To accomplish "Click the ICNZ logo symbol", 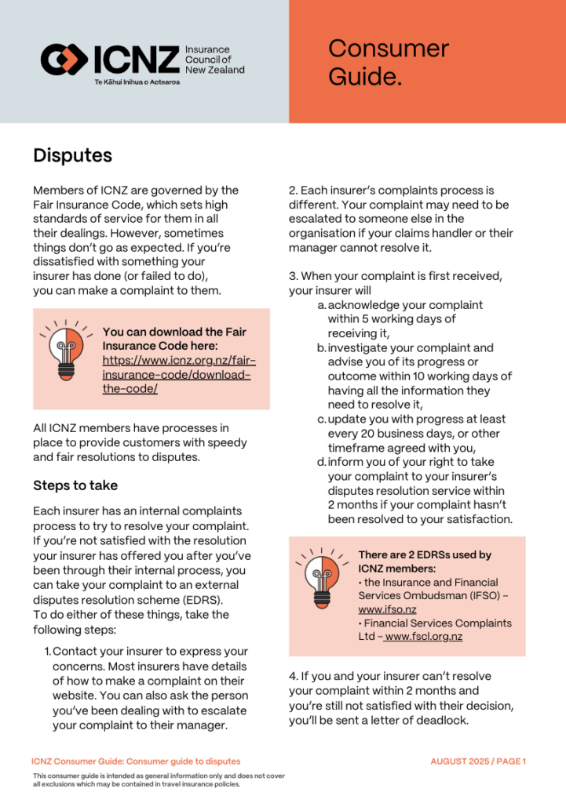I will pyautogui.click(x=64, y=58).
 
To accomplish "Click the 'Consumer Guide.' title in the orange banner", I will pyautogui.click(x=388, y=62).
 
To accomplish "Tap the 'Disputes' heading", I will pyautogui.click(x=72, y=155).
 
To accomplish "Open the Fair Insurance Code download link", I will pyautogui.click(x=179, y=374).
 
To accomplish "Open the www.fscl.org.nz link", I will pyautogui.click(x=423, y=636).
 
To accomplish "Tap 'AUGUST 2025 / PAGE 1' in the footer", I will pyautogui.click(x=478, y=761).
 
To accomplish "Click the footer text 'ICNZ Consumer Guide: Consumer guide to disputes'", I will pyautogui.click(x=136, y=761).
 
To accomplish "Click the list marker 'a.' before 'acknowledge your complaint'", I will pyautogui.click(x=322, y=305).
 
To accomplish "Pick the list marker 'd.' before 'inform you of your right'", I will pyautogui.click(x=322, y=462).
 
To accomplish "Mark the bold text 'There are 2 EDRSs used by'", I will pyautogui.click(x=424, y=554).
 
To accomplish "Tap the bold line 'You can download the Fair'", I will pyautogui.click(x=173, y=332).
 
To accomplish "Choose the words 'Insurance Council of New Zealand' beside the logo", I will pyautogui.click(x=214, y=60).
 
